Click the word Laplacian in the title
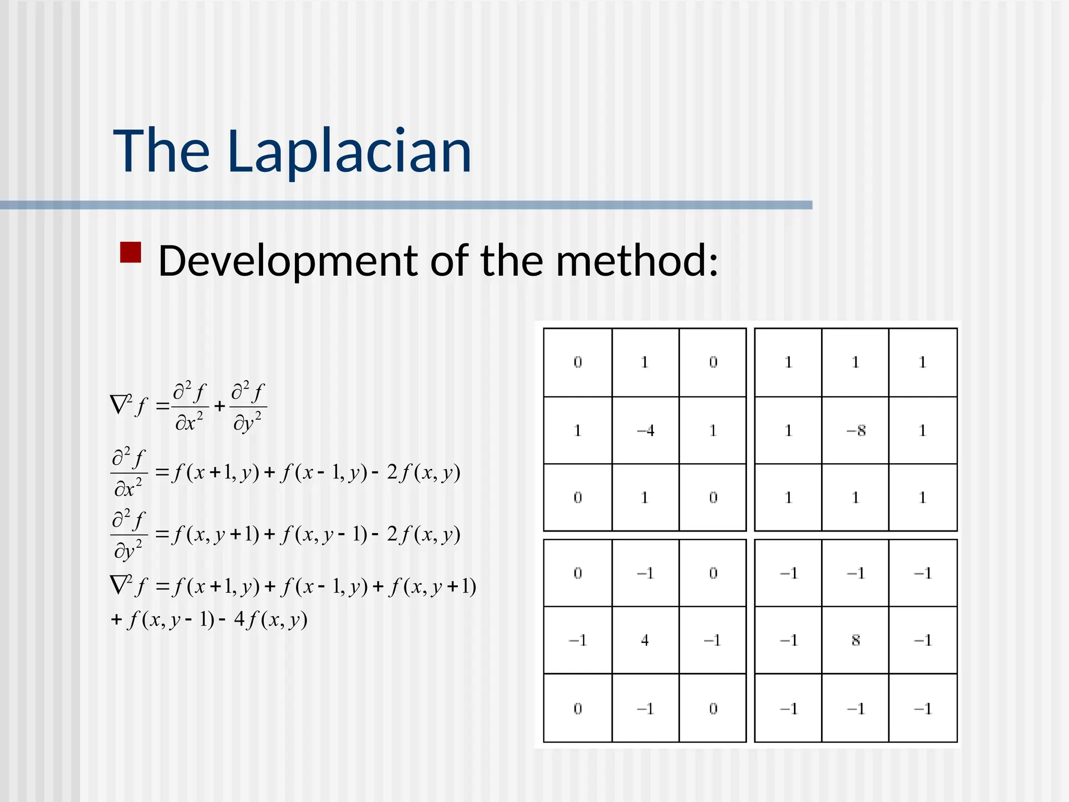(349, 151)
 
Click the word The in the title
(161, 151)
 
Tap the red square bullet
(130, 252)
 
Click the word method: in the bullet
(637, 261)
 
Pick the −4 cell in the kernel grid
(645, 431)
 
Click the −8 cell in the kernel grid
(856, 431)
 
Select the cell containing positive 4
(645, 640)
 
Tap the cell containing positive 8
(856, 640)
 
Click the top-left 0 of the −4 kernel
(578, 362)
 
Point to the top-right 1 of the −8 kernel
(922, 362)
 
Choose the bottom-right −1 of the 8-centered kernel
(922, 709)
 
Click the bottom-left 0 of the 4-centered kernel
(578, 709)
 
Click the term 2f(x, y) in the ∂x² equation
(423, 473)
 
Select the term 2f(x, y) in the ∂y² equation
(423, 534)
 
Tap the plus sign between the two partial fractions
(220, 406)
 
